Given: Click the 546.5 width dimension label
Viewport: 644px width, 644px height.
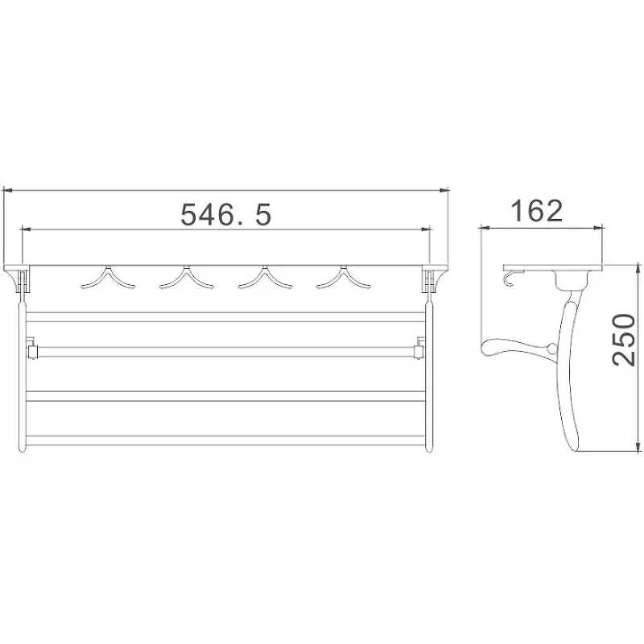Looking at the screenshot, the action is coord(226,214).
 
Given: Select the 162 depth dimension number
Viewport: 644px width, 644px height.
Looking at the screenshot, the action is coord(536,211).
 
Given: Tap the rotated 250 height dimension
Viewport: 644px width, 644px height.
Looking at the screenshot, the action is coord(624,340).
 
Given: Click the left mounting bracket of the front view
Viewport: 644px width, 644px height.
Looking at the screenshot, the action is coord(18,279).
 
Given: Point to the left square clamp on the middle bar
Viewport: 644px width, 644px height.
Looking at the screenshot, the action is coord(31,349).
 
